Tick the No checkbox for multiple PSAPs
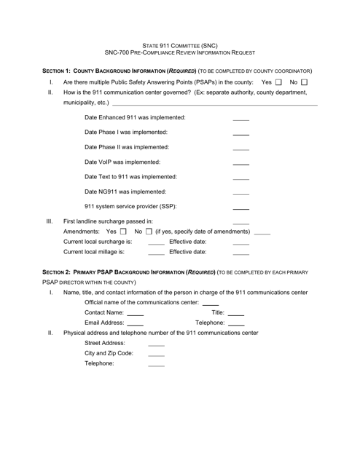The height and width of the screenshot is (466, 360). pos(305,82)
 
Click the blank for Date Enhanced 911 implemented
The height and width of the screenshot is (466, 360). pos(240,119)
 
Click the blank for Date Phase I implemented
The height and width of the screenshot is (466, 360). pos(240,134)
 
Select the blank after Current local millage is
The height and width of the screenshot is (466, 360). pos(156,254)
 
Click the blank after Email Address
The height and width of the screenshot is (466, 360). pos(136,324)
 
